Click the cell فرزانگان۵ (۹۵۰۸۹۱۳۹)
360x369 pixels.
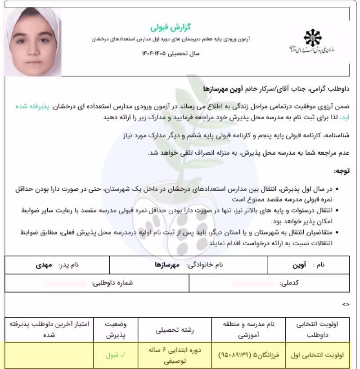[245, 355]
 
